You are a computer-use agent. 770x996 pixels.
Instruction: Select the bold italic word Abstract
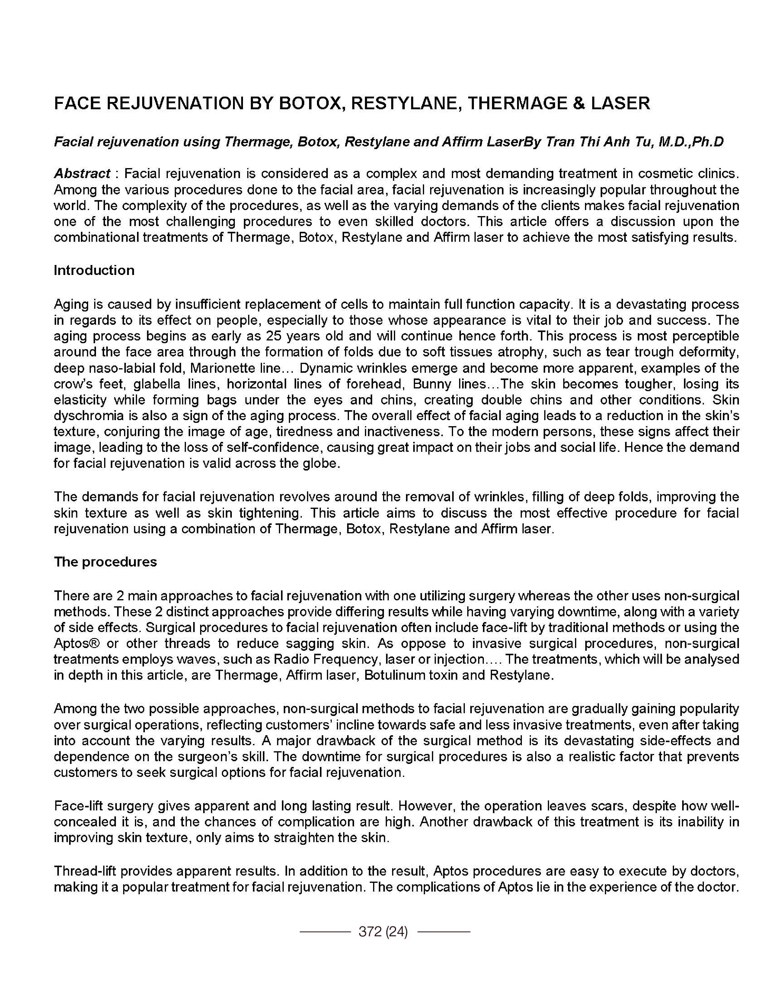coord(82,173)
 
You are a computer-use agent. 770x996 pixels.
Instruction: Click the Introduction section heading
coord(94,270)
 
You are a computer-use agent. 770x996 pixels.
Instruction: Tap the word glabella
coord(154,384)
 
